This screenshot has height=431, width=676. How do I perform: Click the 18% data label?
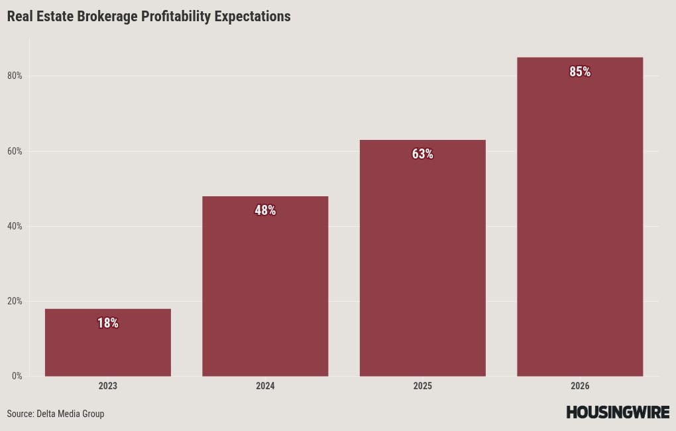[x=108, y=324]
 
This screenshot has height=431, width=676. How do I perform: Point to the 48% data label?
[x=265, y=211]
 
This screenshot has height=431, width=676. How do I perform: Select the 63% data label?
[x=422, y=154]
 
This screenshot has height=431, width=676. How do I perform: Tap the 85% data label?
[x=580, y=72]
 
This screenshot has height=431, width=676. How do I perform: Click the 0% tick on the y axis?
[x=16, y=377]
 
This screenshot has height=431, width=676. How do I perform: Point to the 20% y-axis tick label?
[x=15, y=302]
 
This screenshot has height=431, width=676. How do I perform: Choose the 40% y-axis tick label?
[x=15, y=227]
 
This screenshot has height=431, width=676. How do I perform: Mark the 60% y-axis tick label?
[x=15, y=152]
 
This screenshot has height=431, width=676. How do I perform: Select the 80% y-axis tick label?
[x=15, y=76]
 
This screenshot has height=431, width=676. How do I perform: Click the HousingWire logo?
[x=618, y=412]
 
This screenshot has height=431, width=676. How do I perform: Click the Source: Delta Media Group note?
[x=56, y=414]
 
